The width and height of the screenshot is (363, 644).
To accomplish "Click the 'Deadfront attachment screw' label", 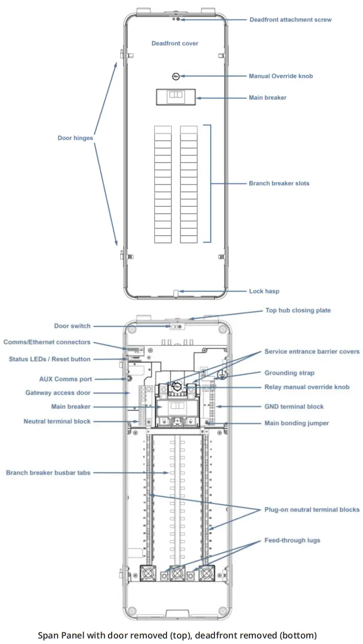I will pyautogui.click(x=290, y=19).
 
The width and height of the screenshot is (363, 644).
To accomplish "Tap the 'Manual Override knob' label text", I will pyautogui.click(x=280, y=76).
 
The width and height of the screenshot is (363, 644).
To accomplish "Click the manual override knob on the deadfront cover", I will pyautogui.click(x=176, y=76).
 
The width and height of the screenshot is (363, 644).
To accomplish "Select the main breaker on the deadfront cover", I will pyautogui.click(x=176, y=97).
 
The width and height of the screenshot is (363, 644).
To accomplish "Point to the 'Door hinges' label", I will pyautogui.click(x=75, y=138).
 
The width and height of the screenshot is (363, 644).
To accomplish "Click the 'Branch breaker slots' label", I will pyautogui.click(x=279, y=184).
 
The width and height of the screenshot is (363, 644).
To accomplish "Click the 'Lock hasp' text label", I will pyautogui.click(x=264, y=291).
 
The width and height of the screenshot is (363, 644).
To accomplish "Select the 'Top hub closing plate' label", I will pyautogui.click(x=297, y=310).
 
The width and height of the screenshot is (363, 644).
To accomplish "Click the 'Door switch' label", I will pyautogui.click(x=72, y=326).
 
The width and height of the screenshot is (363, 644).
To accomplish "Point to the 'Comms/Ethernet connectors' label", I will pyautogui.click(x=47, y=342).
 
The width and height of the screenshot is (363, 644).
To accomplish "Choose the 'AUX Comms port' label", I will pyautogui.click(x=65, y=379).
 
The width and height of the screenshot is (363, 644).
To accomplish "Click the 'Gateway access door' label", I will pyautogui.click(x=58, y=393).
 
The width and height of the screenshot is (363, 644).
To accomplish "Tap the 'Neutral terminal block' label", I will pyautogui.click(x=57, y=421).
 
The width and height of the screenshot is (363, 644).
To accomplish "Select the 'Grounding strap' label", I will pyautogui.click(x=289, y=373).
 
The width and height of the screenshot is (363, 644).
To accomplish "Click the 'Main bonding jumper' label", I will pyautogui.click(x=297, y=423).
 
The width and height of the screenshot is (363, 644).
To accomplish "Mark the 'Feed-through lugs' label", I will pyautogui.click(x=292, y=540).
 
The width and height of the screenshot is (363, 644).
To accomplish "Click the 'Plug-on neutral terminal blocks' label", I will pyautogui.click(x=312, y=509).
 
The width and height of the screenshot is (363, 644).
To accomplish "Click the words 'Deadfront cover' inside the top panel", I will pyautogui.click(x=174, y=43).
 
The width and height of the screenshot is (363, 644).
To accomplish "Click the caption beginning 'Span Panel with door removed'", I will pyautogui.click(x=177, y=635).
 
